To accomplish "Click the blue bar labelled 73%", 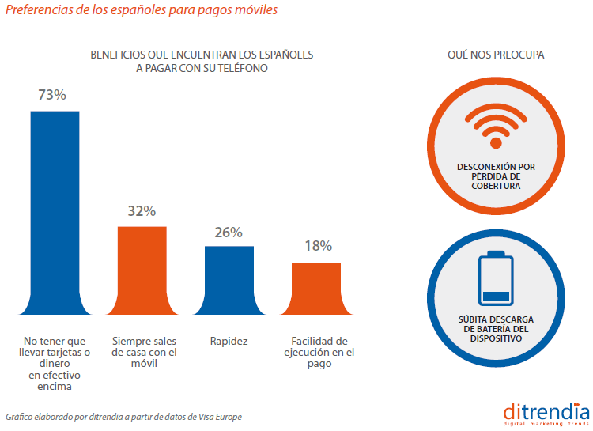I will (x=55, y=214).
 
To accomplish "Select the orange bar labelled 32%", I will (x=142, y=271).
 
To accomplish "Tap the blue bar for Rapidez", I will (x=229, y=281).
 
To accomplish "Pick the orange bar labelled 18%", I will (x=316, y=289).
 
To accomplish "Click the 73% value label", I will (x=52, y=95).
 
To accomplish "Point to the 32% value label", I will (x=142, y=211).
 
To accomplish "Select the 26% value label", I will (x=229, y=233).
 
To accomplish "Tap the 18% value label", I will (x=318, y=246).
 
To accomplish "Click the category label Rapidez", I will (x=229, y=342).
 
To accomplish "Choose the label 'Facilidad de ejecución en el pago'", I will (x=318, y=353).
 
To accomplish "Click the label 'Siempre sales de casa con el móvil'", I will (x=144, y=353).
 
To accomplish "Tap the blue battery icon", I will (x=497, y=278).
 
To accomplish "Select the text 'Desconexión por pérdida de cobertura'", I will (x=496, y=176).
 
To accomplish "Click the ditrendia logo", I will (x=546, y=414).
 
